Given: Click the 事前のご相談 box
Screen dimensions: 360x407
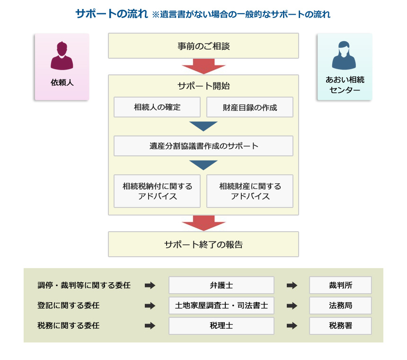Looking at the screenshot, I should click(203, 45).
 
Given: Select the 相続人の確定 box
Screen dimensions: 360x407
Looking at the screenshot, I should click(157, 107).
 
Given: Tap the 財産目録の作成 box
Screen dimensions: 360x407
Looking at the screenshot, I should click(250, 107).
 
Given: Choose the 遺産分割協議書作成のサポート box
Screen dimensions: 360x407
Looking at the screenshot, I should click(203, 146).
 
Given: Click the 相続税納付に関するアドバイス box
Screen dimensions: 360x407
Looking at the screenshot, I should click(157, 191).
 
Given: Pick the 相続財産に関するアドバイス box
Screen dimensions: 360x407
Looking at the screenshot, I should click(250, 191).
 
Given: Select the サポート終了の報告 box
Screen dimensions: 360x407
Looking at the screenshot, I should click(203, 244).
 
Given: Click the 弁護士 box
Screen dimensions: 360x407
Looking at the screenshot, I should click(221, 285).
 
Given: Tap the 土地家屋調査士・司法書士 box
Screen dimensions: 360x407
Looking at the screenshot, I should click(221, 306).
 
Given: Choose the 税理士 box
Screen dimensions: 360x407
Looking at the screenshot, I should click(221, 326).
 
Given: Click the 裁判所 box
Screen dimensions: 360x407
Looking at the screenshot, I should click(340, 285).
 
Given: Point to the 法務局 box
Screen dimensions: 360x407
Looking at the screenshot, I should click(340, 306).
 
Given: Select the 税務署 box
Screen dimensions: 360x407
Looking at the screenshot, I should click(340, 326).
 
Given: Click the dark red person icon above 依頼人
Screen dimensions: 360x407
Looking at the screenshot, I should click(62, 55).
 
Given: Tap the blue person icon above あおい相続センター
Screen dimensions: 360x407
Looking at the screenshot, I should click(344, 55).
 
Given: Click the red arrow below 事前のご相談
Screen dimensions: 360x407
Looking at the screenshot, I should click(203, 66).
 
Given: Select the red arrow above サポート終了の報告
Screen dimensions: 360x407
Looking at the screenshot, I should click(203, 223).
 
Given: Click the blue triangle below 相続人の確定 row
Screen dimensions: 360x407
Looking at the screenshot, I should click(203, 126).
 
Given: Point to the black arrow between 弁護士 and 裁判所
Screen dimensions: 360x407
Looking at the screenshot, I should click(292, 285).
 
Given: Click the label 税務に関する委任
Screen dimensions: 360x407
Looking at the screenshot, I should click(69, 326).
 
